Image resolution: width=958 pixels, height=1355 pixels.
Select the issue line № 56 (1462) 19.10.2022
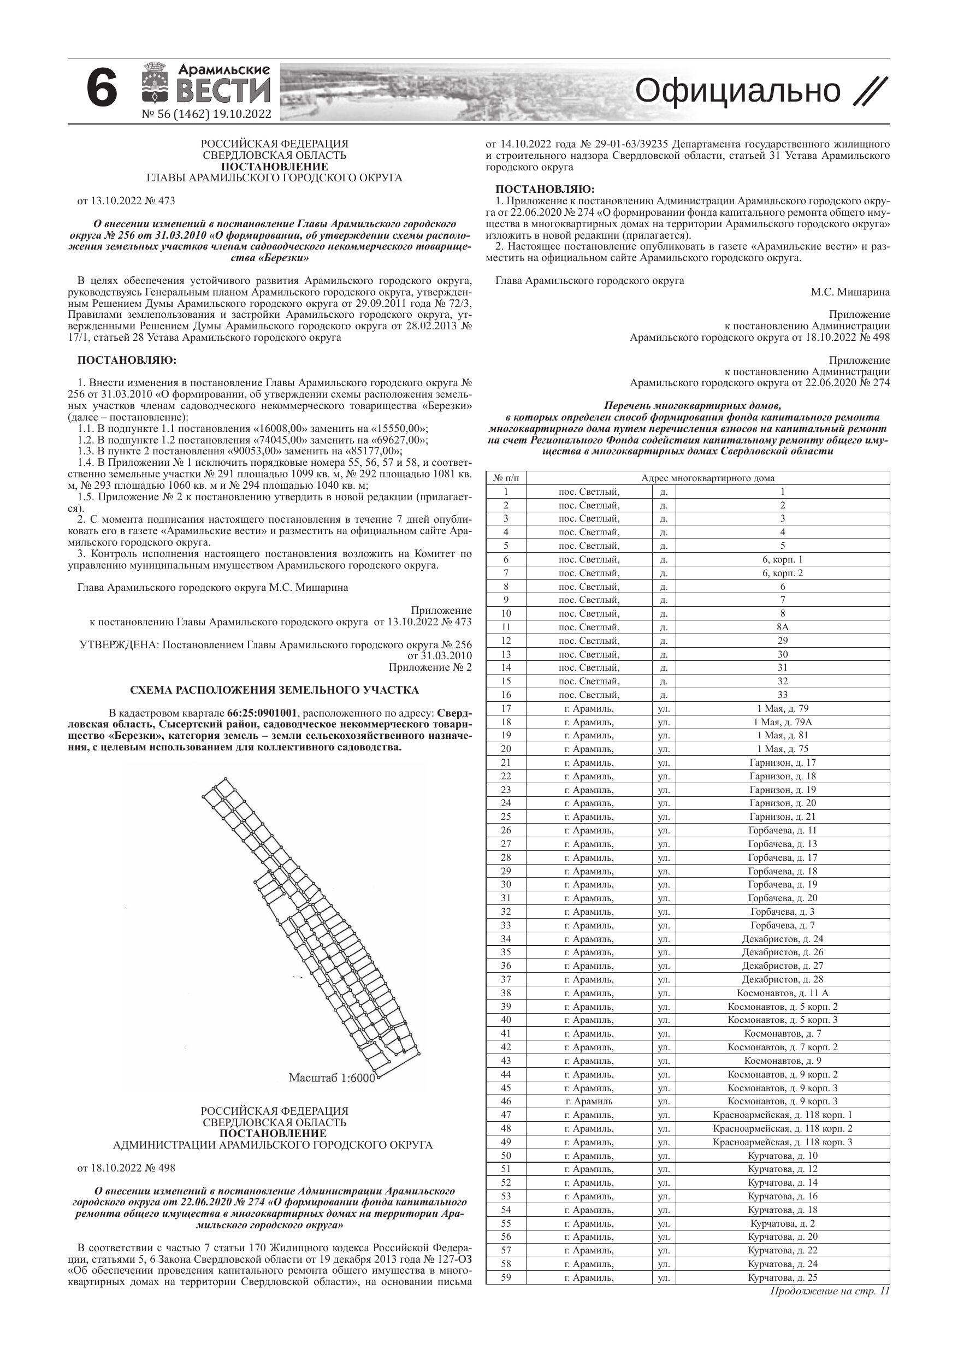(x=206, y=115)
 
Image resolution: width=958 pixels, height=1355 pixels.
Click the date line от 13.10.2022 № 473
(x=126, y=200)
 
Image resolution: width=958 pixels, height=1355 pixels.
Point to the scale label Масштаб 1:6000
(x=331, y=1078)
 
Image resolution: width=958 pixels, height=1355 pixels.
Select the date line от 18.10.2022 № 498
(x=126, y=1168)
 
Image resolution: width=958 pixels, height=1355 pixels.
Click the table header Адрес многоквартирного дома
(x=708, y=478)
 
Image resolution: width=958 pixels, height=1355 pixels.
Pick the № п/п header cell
(x=506, y=478)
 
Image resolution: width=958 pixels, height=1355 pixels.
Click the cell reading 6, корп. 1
(x=783, y=559)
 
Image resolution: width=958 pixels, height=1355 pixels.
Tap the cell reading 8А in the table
(x=783, y=628)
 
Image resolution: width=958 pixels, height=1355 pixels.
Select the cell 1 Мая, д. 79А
(x=783, y=722)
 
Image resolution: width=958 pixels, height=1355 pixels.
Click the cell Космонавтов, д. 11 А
(x=783, y=993)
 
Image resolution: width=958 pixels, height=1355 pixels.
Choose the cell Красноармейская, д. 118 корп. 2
(x=783, y=1128)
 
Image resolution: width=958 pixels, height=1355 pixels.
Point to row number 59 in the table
(x=506, y=1277)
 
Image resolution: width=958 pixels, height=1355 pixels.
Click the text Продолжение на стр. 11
(x=829, y=1291)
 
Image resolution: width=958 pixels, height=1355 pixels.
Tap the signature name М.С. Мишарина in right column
(x=850, y=292)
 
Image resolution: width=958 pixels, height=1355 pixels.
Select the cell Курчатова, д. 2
(x=783, y=1223)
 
